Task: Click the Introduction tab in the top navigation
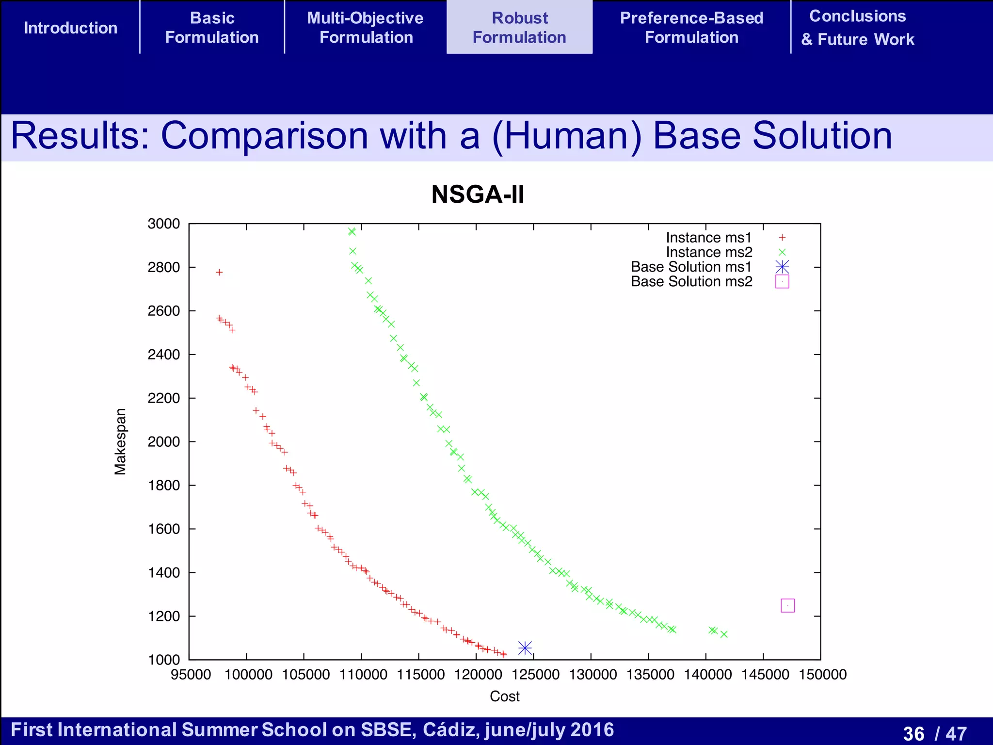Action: pos(71,28)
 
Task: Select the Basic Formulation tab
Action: pos(212,28)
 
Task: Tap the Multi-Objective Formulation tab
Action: pos(366,28)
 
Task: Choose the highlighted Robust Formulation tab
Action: pos(519,28)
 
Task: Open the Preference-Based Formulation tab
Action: pos(691,28)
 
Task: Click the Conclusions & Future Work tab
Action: pos(858,28)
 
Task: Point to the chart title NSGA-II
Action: pos(478,194)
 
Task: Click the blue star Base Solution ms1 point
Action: pos(525,648)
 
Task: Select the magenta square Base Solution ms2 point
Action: pos(788,605)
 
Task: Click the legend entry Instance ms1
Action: pos(708,238)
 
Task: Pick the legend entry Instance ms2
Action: pos(709,252)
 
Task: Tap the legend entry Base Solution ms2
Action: pos(691,281)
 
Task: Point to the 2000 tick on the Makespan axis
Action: pos(164,442)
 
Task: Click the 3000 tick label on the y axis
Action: pos(164,224)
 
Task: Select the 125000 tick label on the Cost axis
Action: pos(535,675)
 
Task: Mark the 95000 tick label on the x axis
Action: pos(191,675)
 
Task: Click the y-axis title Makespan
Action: pos(120,441)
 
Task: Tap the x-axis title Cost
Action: pos(504,696)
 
